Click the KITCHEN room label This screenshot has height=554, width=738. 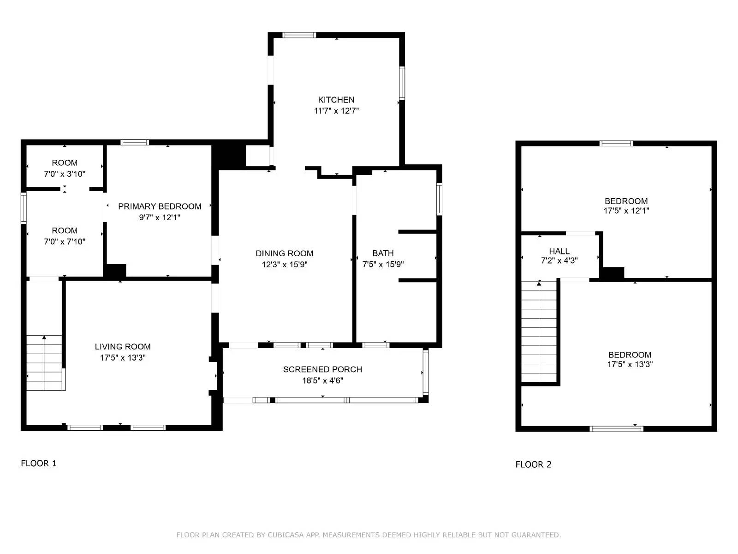click(x=336, y=100)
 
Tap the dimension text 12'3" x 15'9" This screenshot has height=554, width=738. click(x=284, y=265)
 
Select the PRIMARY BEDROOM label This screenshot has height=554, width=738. click(x=160, y=206)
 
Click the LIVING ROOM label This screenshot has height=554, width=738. click(x=123, y=347)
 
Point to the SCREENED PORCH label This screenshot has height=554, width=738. click(x=322, y=369)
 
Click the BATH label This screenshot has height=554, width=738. click(x=383, y=253)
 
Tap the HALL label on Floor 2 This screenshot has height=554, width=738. click(x=559, y=251)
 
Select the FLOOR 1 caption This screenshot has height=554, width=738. click(x=39, y=464)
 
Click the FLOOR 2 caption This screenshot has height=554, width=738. click(x=533, y=464)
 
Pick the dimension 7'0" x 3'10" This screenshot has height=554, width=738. click(x=65, y=174)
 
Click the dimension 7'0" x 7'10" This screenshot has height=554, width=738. click(x=65, y=241)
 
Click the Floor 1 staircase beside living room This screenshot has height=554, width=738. click(x=44, y=363)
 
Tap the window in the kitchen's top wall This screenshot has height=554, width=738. click(x=299, y=35)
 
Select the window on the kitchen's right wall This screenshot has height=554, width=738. click(x=402, y=83)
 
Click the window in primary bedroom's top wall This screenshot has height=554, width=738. click(x=135, y=142)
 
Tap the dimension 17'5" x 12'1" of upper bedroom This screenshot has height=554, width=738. click(x=626, y=211)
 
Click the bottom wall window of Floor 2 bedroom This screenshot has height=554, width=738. click(x=616, y=429)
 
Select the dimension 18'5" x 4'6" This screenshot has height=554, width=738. click(x=322, y=381)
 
